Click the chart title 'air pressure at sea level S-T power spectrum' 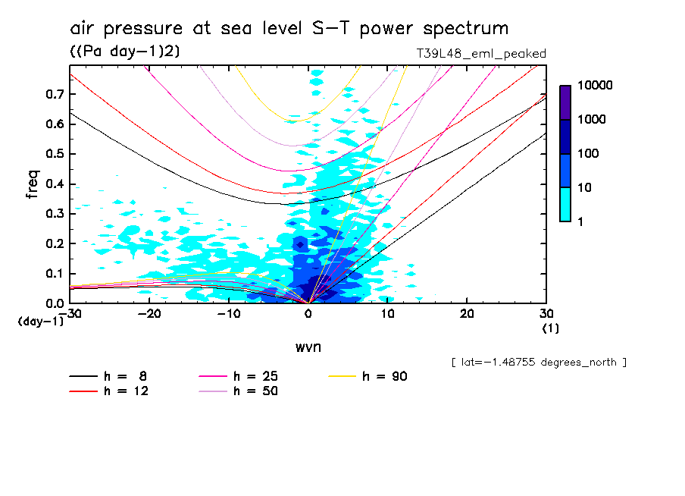click(289, 29)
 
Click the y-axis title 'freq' click(33, 184)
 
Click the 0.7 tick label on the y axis click(54, 94)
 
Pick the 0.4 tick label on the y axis click(54, 184)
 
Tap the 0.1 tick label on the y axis click(54, 273)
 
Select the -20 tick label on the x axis click(149, 314)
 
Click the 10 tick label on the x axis click(387, 314)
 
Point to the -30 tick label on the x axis click(70, 314)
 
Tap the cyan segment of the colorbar click(565, 204)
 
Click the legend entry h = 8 click(105, 376)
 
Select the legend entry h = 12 click(105, 391)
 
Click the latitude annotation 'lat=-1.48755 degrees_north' click(539, 362)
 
